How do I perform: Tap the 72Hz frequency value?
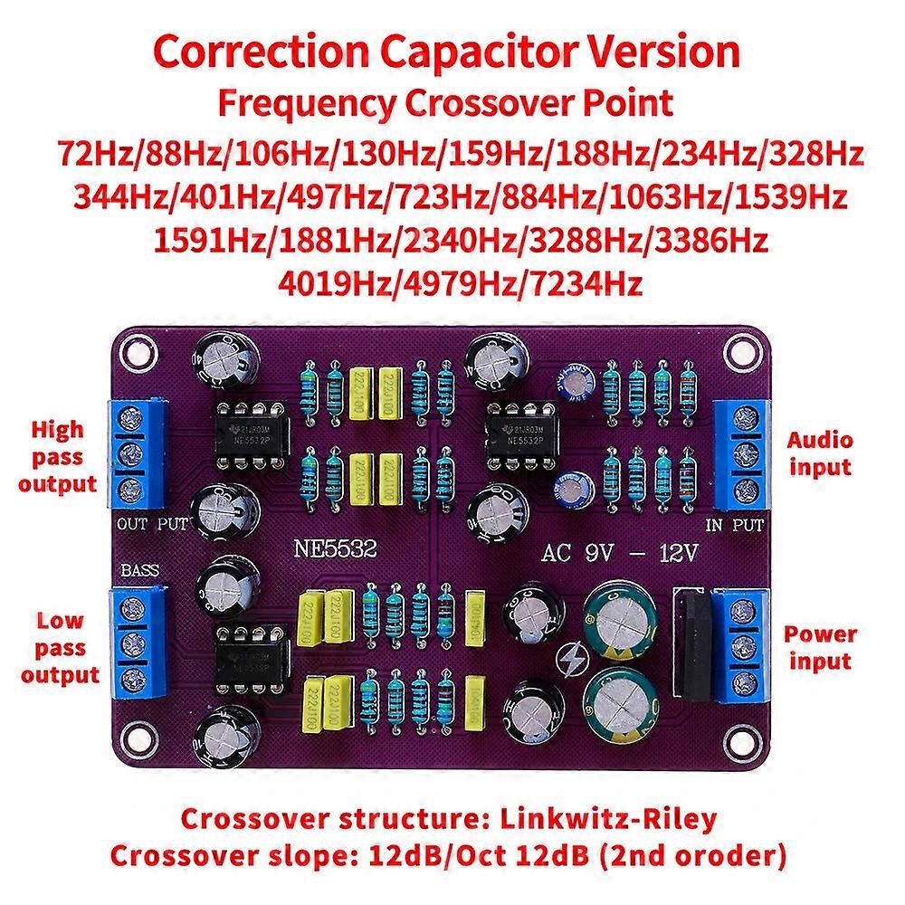click(91, 153)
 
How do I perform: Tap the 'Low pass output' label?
click(60, 647)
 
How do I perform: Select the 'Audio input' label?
click(820, 453)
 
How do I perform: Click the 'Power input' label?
click(820, 647)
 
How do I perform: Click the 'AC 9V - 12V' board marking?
click(621, 554)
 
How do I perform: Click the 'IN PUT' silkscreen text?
click(733, 524)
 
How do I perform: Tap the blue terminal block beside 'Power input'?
click(742, 646)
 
